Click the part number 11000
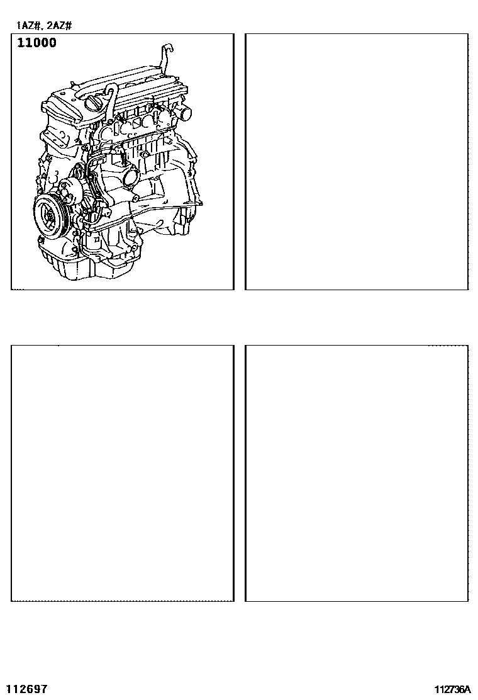37,43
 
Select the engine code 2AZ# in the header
59,25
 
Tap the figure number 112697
28,689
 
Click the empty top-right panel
357,162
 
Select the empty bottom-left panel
122,473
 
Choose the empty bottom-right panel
357,473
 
